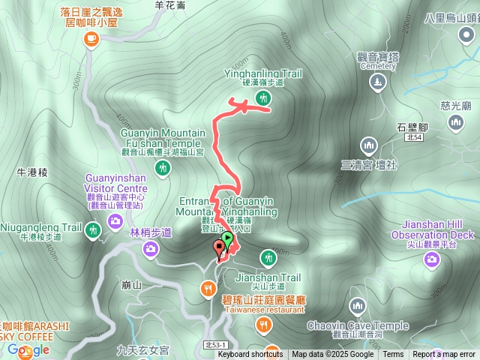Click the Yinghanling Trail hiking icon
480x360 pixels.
pos(262,97)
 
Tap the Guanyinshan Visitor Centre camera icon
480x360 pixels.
pos(115,220)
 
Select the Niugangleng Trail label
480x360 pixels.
pos(41,227)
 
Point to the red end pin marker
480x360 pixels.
pos(219,246)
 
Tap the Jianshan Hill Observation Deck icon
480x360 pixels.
pos(431,259)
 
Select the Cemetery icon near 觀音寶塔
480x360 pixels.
pos(379,82)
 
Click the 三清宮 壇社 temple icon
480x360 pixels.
pos(367,145)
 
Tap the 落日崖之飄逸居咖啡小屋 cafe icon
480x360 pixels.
pos(91,39)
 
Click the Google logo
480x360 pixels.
pos(28,349)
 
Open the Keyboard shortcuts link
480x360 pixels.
pos(250,355)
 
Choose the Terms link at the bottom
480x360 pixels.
pos(393,355)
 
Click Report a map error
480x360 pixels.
pos(443,355)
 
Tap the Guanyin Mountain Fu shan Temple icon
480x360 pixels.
pos(163,170)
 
